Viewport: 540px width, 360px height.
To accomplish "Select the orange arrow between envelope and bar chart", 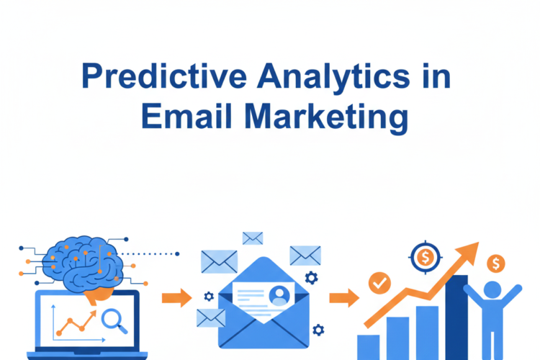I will point(345,297).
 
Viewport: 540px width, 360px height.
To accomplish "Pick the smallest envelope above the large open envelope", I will point(253,238).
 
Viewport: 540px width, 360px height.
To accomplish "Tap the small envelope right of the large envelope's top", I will point(305,255).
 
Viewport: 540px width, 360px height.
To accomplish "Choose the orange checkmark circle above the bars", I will point(379,283).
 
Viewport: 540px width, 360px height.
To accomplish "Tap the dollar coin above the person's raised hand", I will point(495,264).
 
